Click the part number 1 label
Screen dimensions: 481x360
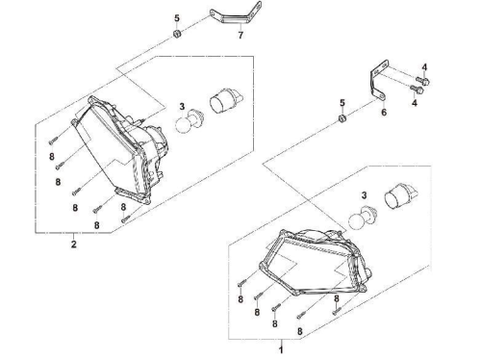click(281, 349)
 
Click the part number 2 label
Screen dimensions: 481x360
click(74, 244)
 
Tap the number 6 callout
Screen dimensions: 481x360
click(384, 113)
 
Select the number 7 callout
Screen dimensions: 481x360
click(240, 35)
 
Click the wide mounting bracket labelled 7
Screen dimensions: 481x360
click(236, 16)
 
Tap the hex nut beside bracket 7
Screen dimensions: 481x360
click(177, 33)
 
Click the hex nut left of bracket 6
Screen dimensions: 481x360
click(342, 119)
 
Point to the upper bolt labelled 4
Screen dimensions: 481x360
click(422, 80)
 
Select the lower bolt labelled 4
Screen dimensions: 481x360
click(418, 89)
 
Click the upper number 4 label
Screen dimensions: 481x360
click(424, 67)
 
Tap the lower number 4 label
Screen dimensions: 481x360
click(415, 103)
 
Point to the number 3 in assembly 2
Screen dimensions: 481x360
click(182, 106)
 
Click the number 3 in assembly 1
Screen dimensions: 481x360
click(364, 194)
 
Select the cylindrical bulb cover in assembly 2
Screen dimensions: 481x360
click(226, 101)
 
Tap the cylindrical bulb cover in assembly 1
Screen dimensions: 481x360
click(400, 196)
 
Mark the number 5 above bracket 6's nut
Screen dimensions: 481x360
click(342, 103)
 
